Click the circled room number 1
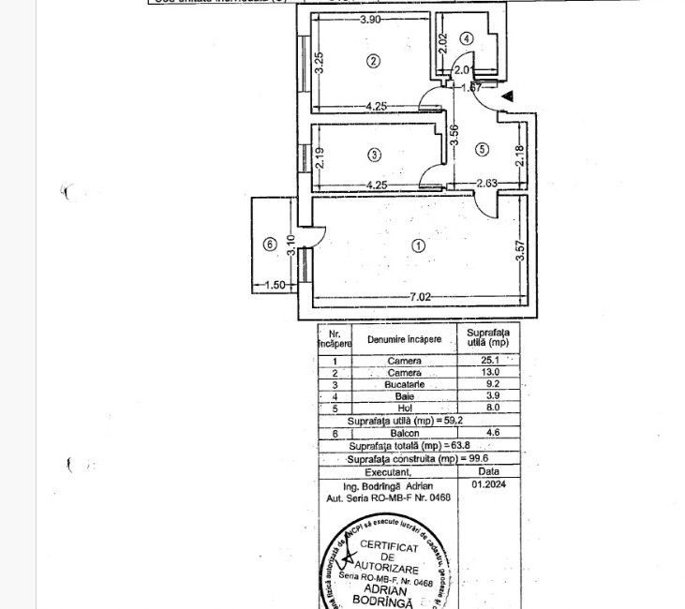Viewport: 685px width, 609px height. pyautogui.click(x=418, y=245)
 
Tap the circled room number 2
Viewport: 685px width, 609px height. pyautogui.click(x=374, y=62)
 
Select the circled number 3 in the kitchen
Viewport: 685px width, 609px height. pyautogui.click(x=374, y=155)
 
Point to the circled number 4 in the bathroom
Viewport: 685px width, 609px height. pyautogui.click(x=466, y=37)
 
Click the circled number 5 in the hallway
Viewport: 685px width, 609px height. pyautogui.click(x=482, y=148)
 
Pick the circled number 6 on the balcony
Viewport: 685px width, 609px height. pyautogui.click(x=271, y=245)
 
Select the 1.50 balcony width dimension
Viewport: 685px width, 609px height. pyautogui.click(x=274, y=286)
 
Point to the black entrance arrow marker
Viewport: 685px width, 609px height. pyautogui.click(x=506, y=96)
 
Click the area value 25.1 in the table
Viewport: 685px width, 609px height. pyautogui.click(x=476, y=360)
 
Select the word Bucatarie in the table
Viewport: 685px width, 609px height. pyautogui.click(x=404, y=384)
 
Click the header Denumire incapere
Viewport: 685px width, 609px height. pyautogui.click(x=404, y=338)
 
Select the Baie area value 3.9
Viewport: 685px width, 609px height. pyautogui.click(x=476, y=396)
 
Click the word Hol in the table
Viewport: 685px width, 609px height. pyautogui.click(x=404, y=408)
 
